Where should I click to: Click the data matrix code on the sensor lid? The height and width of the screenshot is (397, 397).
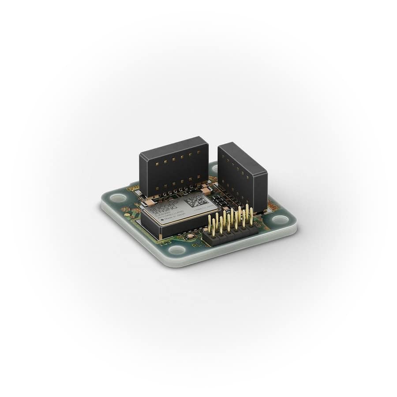(x=197, y=204)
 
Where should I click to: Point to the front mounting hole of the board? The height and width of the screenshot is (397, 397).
(x=177, y=250)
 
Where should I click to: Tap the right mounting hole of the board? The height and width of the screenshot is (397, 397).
(x=278, y=218)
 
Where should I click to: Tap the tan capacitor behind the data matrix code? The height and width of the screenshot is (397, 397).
(x=205, y=191)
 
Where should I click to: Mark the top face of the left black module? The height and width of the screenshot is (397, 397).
(x=173, y=146)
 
